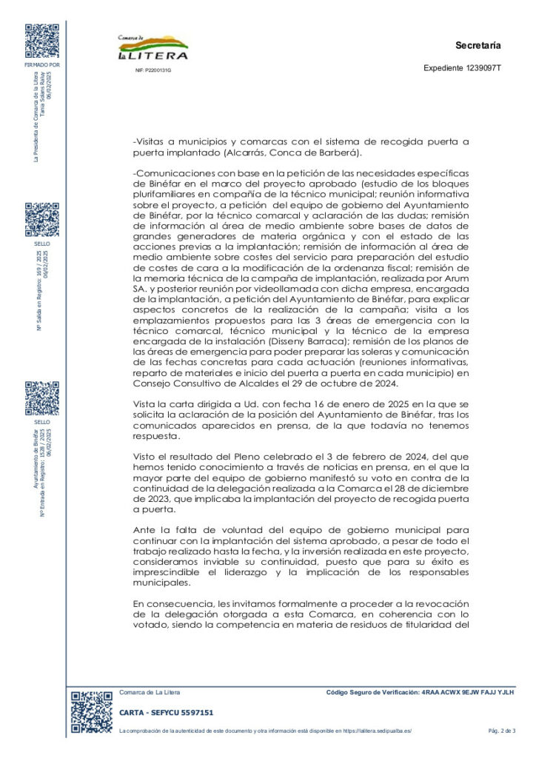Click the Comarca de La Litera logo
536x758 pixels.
(x=153, y=47)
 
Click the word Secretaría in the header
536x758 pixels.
(x=478, y=46)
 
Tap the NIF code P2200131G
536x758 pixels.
(x=153, y=70)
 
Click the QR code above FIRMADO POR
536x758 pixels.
(x=41, y=41)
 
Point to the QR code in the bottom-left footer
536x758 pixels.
(x=91, y=712)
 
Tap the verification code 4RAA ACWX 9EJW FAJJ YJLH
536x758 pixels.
(x=467, y=692)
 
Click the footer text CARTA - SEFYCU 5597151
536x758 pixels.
(x=167, y=712)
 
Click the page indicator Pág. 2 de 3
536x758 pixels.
(x=501, y=731)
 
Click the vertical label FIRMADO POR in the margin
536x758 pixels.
(x=42, y=64)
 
